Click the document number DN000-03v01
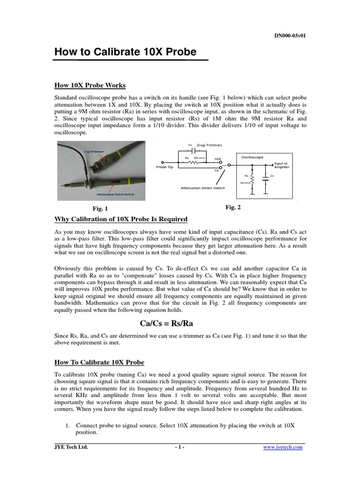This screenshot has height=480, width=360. click(290, 36)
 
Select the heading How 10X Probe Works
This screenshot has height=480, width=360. click(90, 85)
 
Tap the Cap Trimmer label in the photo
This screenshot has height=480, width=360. click(94, 151)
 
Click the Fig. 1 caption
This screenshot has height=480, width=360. click(100, 209)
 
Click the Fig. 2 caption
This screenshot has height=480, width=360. click(233, 207)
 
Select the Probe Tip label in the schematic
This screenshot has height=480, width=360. click(165, 167)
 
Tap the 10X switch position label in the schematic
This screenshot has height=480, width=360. click(217, 159)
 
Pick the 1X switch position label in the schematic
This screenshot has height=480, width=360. click(216, 171)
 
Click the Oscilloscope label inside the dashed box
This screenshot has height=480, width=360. click(253, 157)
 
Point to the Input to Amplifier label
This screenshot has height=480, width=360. click(281, 165)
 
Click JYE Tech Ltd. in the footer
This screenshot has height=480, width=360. click(71, 447)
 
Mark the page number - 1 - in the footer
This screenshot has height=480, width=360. click(180, 447)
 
